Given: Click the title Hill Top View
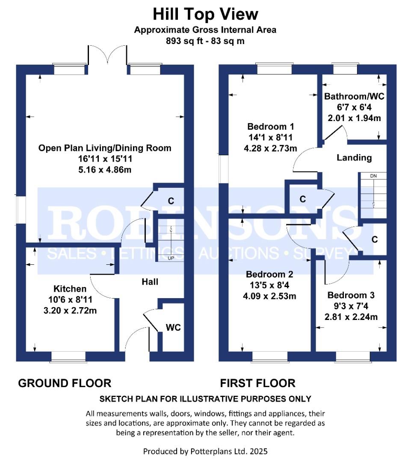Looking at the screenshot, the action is click(x=205, y=15).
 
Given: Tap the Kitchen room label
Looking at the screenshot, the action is click(x=70, y=289).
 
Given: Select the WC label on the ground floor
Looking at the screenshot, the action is click(x=173, y=327).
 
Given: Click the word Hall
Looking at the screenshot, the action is click(x=150, y=282).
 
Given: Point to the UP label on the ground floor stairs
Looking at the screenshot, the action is click(x=171, y=258).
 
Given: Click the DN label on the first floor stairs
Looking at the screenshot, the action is click(x=373, y=176).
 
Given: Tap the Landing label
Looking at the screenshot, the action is click(x=354, y=157).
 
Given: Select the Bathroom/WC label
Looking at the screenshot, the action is click(x=354, y=96).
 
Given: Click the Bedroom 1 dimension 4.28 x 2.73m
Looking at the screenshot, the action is click(x=270, y=148).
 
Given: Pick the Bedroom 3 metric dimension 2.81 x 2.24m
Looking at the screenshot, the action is click(x=351, y=317).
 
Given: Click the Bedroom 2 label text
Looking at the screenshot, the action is click(x=269, y=274).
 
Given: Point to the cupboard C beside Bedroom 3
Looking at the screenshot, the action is click(x=375, y=240).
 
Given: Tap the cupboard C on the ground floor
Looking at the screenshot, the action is click(x=171, y=201).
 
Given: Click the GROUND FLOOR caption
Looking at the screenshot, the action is click(x=65, y=383).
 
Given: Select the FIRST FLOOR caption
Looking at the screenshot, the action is click(x=257, y=383).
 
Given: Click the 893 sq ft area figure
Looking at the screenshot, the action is click(x=185, y=41).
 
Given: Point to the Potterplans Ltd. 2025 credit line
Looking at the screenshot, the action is click(x=205, y=451).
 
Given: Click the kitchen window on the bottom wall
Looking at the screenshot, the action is click(x=68, y=356).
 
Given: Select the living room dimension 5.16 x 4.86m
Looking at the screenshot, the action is click(x=105, y=170).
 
